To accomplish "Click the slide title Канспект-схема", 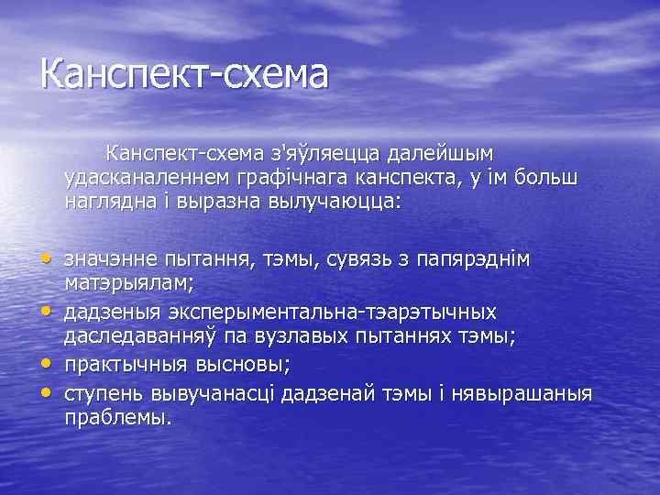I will pos(183,73).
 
